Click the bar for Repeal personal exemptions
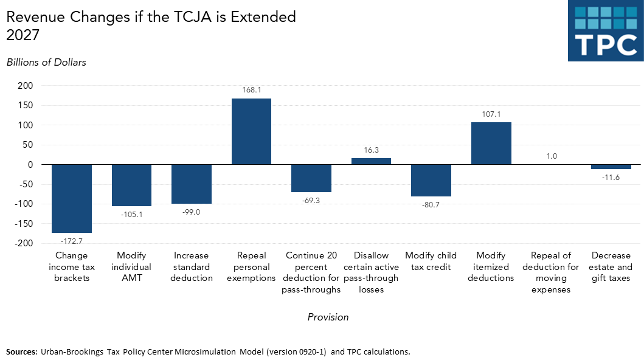pos(251,131)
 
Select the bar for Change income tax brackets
pos(71,198)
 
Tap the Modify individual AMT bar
pos(131,185)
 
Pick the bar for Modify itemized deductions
pos(491,144)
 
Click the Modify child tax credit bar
pos(431,180)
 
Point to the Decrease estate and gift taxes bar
pos(611,167)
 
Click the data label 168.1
pos(251,90)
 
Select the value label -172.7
pos(71,241)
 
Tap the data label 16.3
pos(371,150)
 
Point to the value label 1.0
pos(552,156)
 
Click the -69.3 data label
pos(311,200)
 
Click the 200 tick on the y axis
pos(26,86)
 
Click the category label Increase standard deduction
pos(192,267)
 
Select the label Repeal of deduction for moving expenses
pos(552,272)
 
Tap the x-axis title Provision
pos(328,317)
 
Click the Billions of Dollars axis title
pos(46,62)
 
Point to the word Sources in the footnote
pos(21,351)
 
